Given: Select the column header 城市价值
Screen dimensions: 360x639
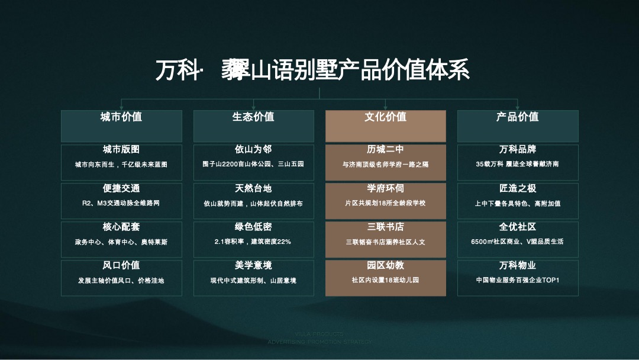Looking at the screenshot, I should point(121,117).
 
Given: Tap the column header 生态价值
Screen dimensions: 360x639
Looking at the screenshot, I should point(253,117).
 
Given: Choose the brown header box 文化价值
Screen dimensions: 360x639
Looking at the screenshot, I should point(385,117).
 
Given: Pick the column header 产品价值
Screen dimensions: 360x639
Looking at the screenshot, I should point(518,117).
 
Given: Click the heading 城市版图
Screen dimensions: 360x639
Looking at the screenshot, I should point(121,150).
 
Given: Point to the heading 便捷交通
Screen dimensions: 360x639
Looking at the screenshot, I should point(121,188).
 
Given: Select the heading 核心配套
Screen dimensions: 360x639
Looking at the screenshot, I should point(121,227).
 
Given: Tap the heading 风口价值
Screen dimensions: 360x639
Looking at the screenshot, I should point(121,265).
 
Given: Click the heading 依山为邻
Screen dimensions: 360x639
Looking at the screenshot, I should point(253,150).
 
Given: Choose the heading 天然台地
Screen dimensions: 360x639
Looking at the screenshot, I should point(253,188).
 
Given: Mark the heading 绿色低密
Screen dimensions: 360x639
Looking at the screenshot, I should point(253,227).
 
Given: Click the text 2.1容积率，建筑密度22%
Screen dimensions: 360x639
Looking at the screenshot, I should point(253,242).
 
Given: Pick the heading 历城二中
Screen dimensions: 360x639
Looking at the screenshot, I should point(385,150).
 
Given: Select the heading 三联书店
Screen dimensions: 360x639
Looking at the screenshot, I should point(385,227).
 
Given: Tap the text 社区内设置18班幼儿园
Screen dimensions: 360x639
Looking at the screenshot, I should point(385,280).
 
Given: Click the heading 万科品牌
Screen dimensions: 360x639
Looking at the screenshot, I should point(518,150).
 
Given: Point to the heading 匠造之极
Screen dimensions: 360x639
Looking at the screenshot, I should point(518,188).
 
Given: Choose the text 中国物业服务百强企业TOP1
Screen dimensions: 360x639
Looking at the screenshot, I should point(518,280).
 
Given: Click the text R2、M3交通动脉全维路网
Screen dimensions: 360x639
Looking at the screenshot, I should point(121,203).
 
